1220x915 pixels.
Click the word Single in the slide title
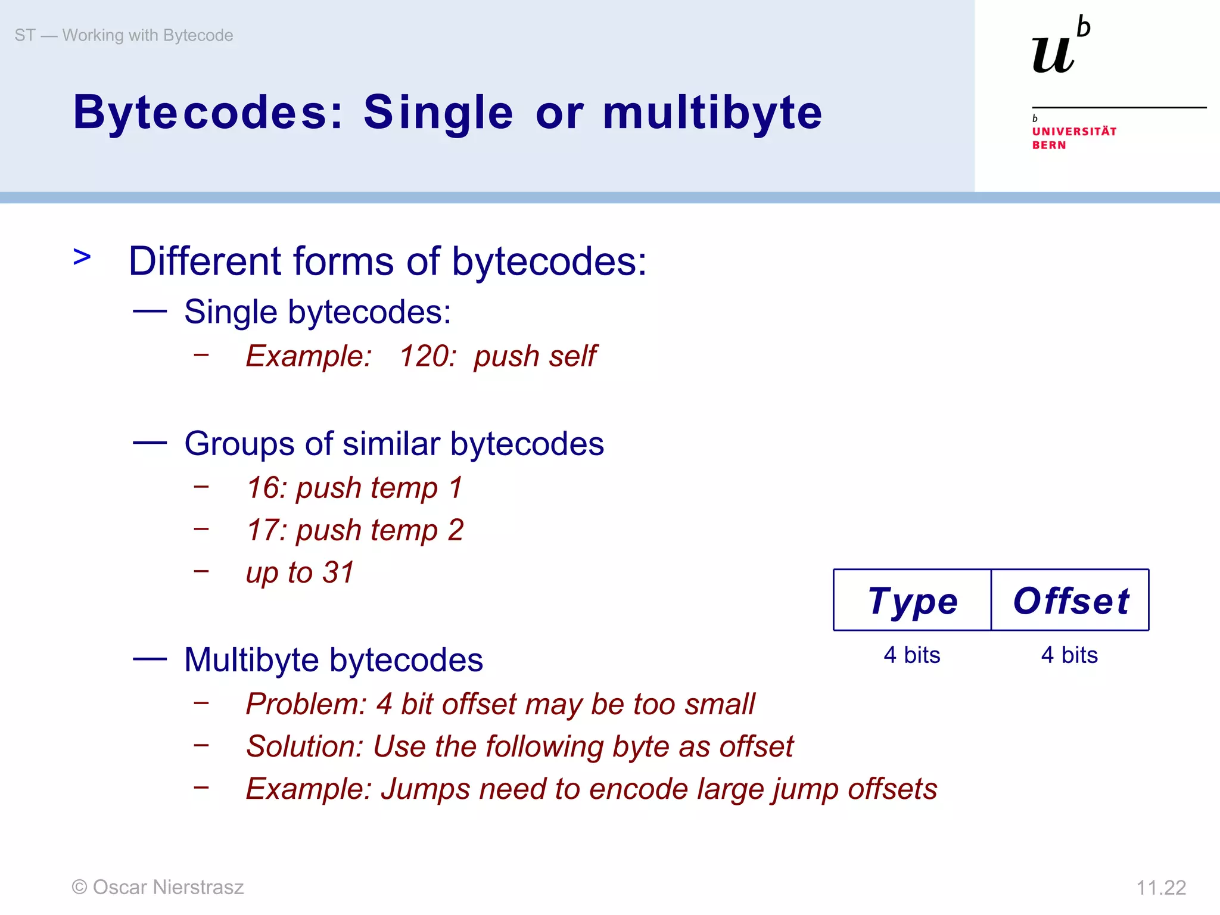coord(438,113)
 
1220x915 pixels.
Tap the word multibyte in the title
coord(712,113)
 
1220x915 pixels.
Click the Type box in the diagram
coord(912,600)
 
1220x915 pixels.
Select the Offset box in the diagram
coord(1070,600)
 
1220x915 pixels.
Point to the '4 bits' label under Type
coord(912,655)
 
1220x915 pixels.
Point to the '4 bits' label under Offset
coord(1069,655)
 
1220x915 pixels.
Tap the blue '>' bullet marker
coord(82,257)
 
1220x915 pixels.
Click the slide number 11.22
coord(1160,888)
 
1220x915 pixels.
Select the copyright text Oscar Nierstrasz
coord(168,887)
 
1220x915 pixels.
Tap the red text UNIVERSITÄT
coord(1074,132)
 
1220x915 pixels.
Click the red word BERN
coord(1049,145)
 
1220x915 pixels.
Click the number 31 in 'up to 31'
coord(338,572)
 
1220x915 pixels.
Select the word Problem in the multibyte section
coord(305,704)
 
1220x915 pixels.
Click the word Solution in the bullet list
coord(304,746)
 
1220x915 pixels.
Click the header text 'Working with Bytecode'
coord(148,36)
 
